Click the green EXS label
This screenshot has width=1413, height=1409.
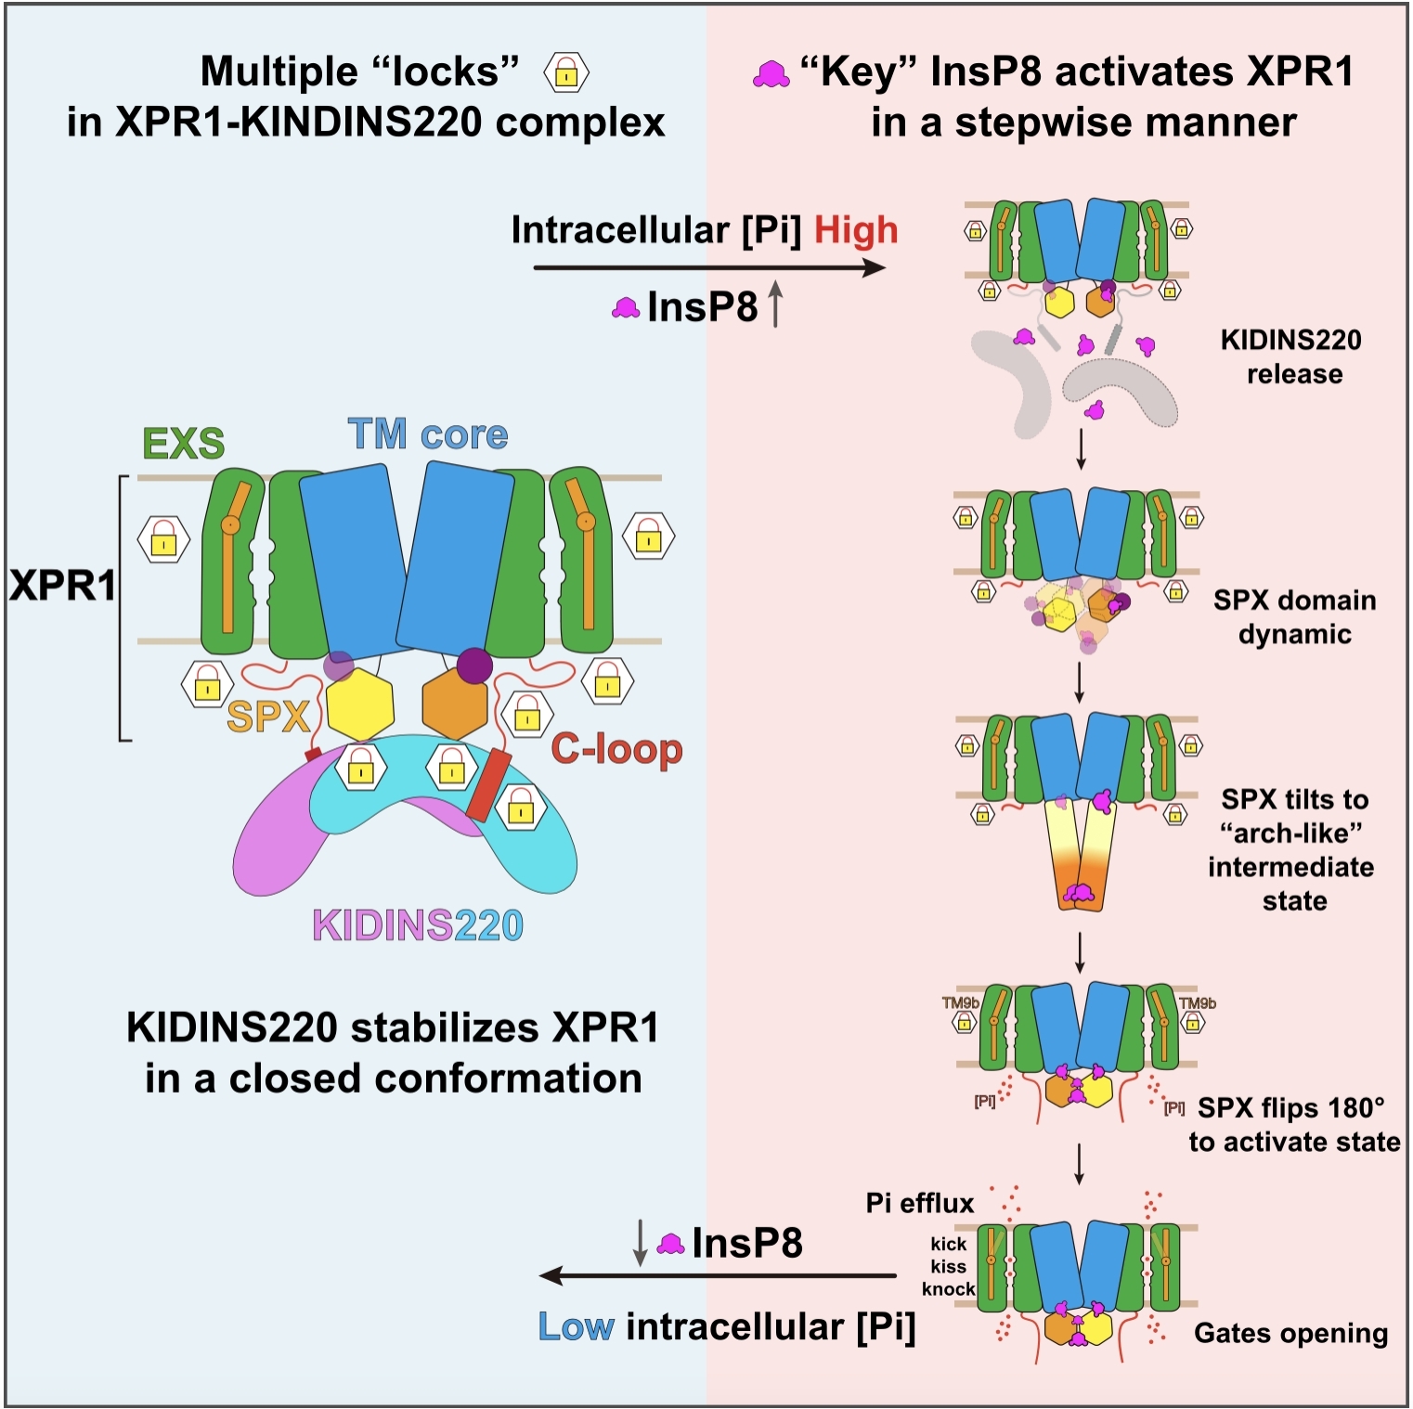click(x=183, y=444)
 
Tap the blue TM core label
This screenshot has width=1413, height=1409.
click(x=428, y=434)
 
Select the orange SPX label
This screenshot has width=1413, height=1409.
click(x=267, y=717)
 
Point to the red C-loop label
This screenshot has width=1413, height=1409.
click(x=616, y=749)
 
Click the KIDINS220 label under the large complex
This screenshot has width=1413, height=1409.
click(x=418, y=925)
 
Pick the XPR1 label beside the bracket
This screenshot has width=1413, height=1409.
click(x=62, y=586)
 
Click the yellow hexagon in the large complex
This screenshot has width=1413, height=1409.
click(x=359, y=705)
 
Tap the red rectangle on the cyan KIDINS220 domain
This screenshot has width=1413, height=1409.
click(x=488, y=785)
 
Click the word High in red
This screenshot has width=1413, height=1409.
click(x=855, y=230)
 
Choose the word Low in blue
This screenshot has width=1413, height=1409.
click(x=576, y=1327)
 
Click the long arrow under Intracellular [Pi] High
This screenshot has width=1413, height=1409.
click(x=709, y=268)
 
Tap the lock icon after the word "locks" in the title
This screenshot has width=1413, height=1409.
click(x=566, y=73)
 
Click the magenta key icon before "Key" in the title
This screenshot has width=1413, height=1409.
click(x=771, y=74)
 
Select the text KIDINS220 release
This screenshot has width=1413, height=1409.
click(x=1291, y=356)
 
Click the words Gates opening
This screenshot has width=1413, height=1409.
click(x=1290, y=1333)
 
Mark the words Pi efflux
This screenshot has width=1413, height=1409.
click(x=919, y=1203)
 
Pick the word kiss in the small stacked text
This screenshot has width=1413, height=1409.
click(x=948, y=1266)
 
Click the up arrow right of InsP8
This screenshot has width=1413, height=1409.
click(x=776, y=305)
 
